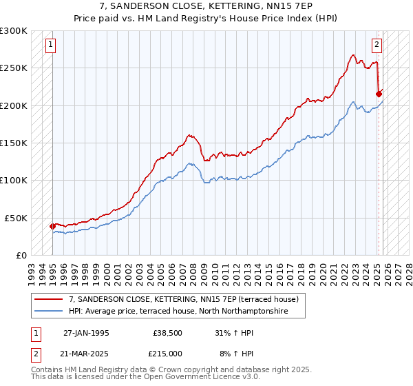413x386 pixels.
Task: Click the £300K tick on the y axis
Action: point(14,31)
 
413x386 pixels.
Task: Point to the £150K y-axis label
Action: point(14,143)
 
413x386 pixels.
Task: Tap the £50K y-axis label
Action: point(16,218)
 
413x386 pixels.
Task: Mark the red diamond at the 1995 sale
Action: point(52,226)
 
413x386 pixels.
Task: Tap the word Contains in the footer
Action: point(47,370)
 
